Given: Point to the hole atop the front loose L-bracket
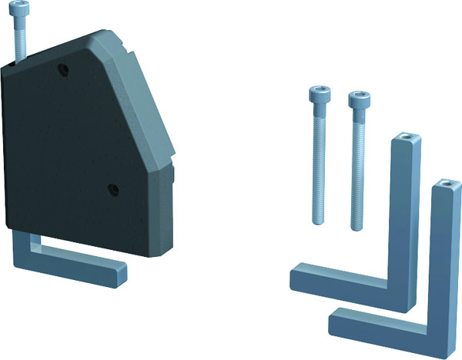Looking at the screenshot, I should [446, 186].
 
